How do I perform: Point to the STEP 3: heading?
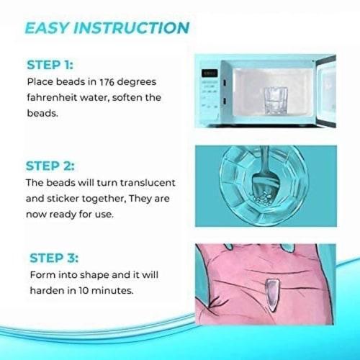54,258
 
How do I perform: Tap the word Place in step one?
42,82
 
